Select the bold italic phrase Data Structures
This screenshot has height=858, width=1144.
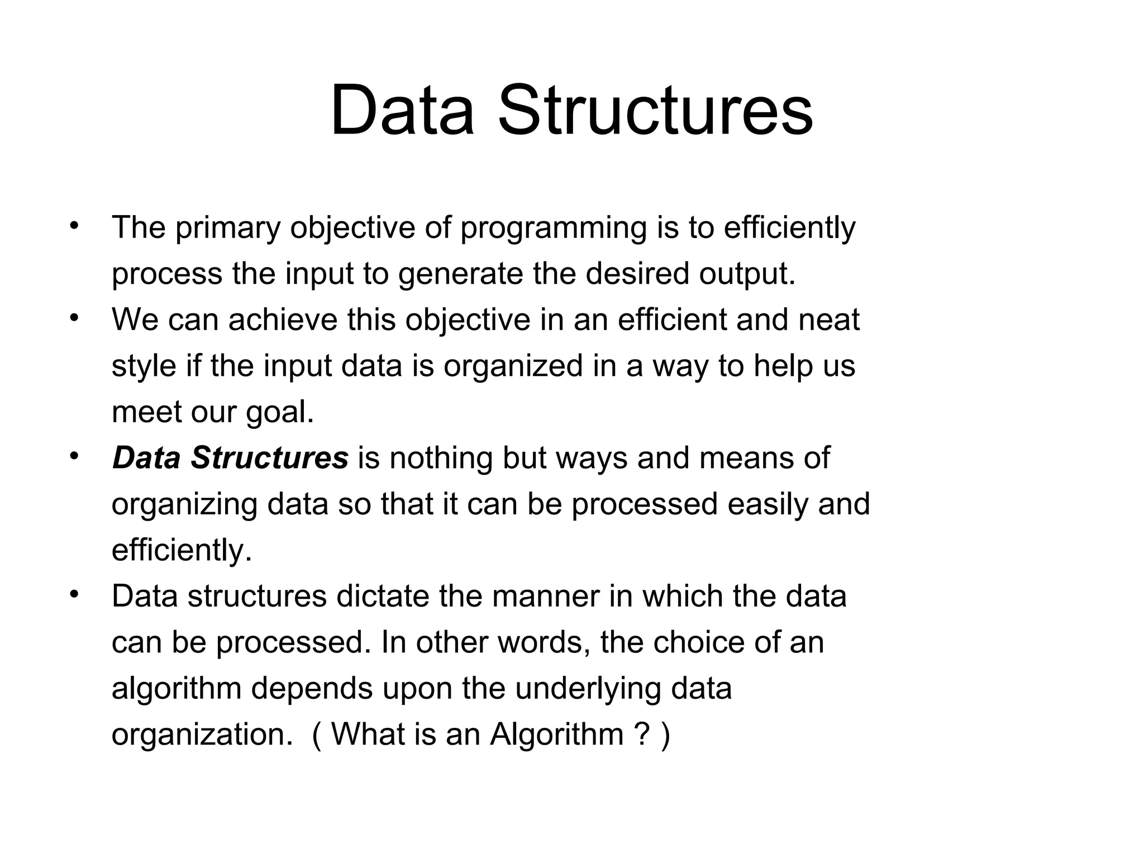coord(230,458)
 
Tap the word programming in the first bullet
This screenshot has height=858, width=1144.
coord(553,229)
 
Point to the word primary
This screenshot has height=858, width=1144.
coord(228,229)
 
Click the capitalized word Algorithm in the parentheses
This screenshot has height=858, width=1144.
coord(557,734)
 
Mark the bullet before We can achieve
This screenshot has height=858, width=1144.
coord(74,318)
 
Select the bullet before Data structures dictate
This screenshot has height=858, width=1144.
coord(74,594)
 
